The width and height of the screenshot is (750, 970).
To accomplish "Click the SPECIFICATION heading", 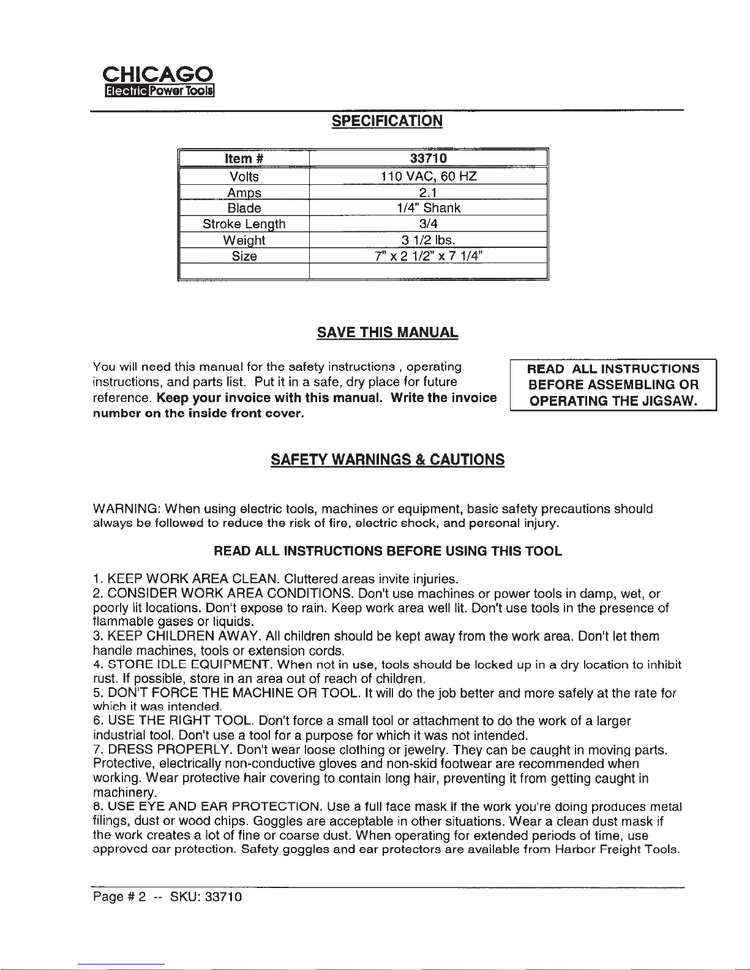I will (387, 121).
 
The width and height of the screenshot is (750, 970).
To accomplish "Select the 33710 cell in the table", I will (428, 159).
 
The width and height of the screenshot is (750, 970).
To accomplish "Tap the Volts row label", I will (244, 177).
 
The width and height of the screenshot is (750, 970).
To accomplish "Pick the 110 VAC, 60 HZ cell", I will (428, 177).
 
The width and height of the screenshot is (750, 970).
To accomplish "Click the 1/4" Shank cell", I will (428, 208).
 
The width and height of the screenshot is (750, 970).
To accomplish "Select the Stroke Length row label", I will (244, 224).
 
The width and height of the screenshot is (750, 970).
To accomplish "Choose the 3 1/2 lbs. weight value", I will (428, 240).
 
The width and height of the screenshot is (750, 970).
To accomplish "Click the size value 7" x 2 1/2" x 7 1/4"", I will (428, 256).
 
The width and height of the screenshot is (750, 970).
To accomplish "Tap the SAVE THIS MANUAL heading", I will (387, 333).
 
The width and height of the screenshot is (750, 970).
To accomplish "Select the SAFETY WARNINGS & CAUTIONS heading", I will (388, 460).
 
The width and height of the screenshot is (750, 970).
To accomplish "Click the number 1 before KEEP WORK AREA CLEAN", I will (96, 579).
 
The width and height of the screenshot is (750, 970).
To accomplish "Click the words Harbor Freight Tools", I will (617, 849).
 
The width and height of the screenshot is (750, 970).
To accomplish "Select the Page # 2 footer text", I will (119, 897).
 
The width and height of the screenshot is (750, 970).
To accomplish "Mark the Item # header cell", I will (244, 159).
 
